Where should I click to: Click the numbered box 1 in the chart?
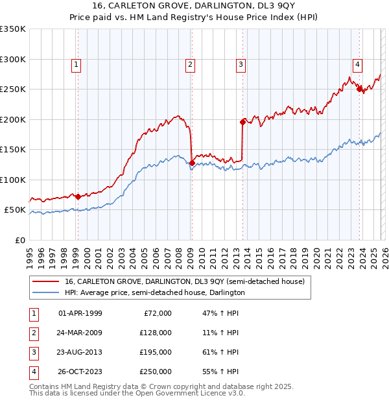click(x=77, y=64)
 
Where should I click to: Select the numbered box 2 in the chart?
click(x=190, y=64)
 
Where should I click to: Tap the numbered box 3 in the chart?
click(x=241, y=64)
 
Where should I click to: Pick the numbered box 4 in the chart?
click(x=357, y=64)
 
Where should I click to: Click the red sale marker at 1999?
click(x=78, y=196)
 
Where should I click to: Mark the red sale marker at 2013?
click(x=242, y=122)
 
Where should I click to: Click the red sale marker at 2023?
click(x=359, y=89)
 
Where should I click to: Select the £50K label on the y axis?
click(x=15, y=210)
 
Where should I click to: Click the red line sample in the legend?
click(x=46, y=281)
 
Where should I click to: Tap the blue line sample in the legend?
click(x=46, y=292)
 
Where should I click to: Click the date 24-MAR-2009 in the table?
click(x=80, y=333)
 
